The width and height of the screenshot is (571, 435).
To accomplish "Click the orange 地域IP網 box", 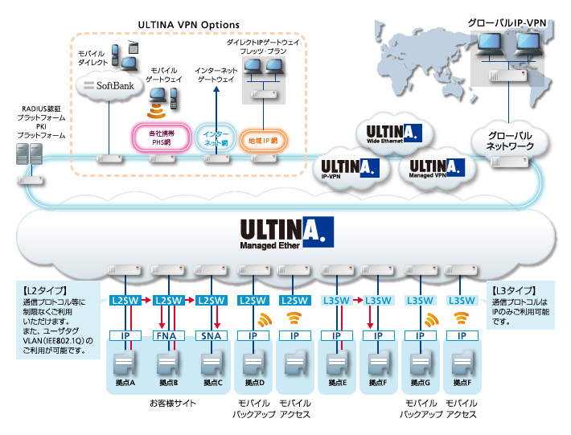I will (x=263, y=141).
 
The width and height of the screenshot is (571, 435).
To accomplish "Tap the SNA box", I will (x=211, y=335).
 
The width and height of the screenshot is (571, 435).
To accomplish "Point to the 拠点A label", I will (x=125, y=383).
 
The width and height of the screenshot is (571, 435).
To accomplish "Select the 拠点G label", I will (x=418, y=383).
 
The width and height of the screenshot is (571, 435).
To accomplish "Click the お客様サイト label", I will (x=171, y=404).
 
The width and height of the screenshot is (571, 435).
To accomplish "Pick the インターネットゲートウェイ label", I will (x=216, y=75).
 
